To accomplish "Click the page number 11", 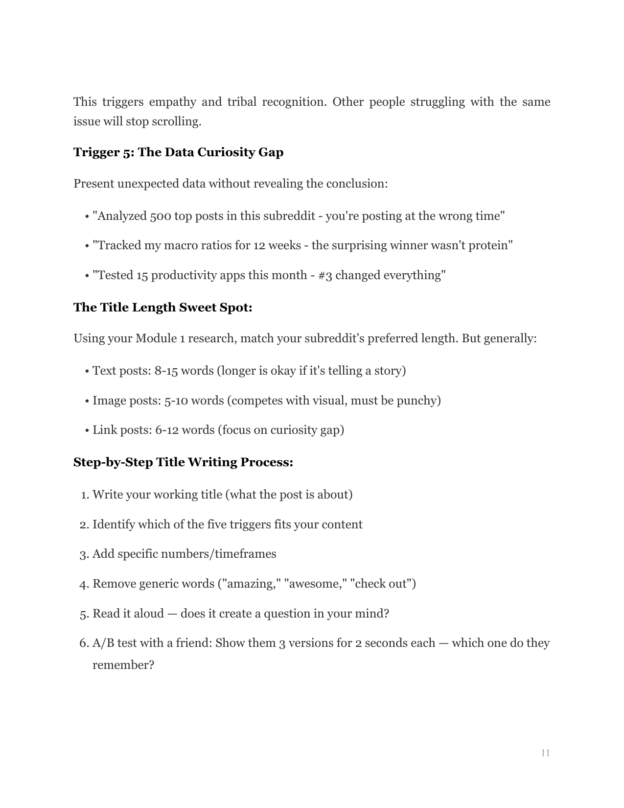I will (546, 753).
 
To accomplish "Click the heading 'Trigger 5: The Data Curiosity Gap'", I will (178, 152).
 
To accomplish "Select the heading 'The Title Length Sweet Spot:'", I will (162, 308).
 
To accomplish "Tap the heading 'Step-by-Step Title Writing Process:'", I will (183, 462).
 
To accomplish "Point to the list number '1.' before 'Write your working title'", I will (85, 495).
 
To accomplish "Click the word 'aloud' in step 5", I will (147, 614).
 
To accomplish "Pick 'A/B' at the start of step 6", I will (103, 643).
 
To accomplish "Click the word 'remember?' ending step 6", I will (123, 665).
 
